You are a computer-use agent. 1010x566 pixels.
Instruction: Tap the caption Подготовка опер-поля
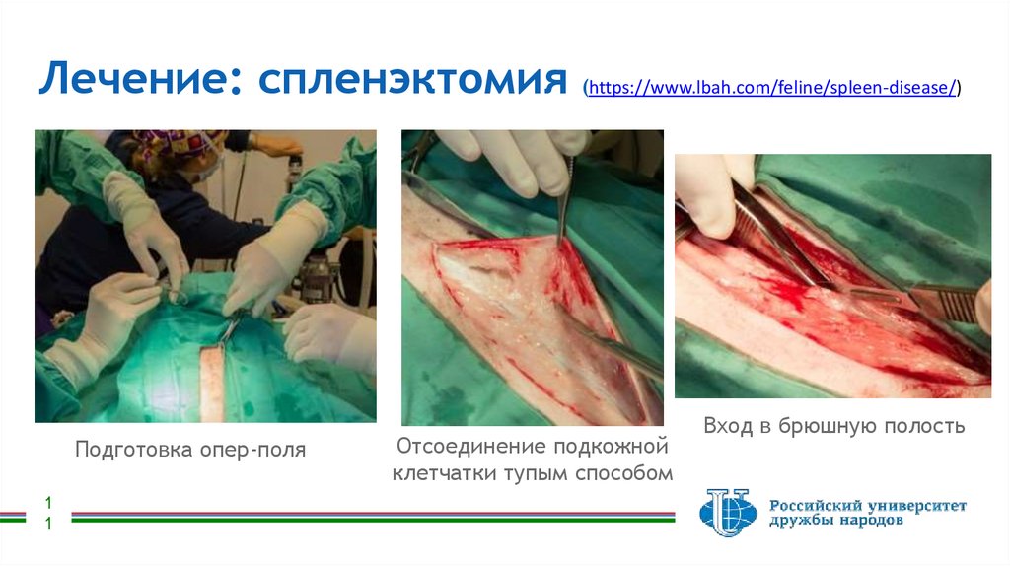190,450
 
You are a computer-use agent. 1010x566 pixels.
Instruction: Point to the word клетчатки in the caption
444,473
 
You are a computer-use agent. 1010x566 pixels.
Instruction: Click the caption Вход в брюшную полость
833,427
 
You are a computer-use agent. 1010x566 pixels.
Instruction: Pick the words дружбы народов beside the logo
835,523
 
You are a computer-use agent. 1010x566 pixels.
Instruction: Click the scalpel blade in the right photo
942,301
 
